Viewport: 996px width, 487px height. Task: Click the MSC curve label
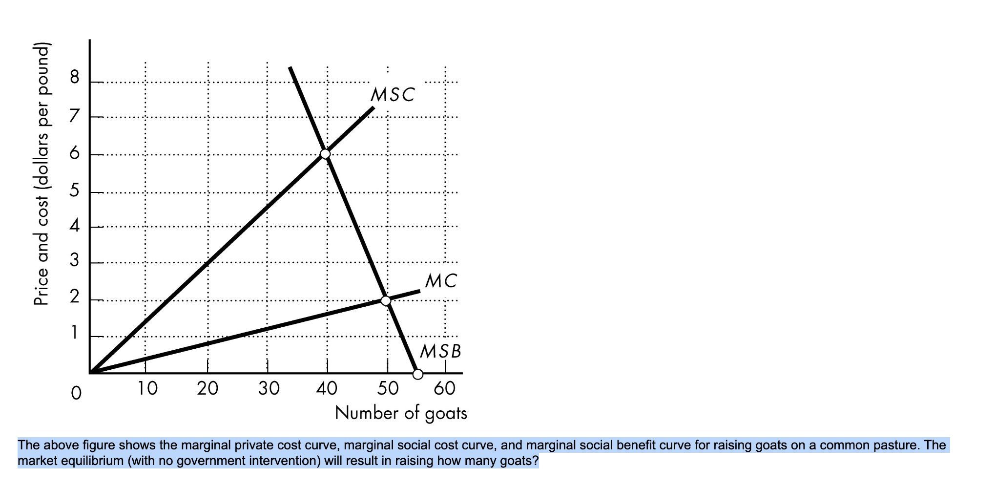[x=393, y=95]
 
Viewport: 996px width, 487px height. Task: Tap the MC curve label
[x=441, y=281]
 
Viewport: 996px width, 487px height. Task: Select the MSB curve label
[x=440, y=351]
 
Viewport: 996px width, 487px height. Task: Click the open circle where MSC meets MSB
[x=325, y=154]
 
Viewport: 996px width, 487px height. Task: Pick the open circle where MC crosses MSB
[x=386, y=300]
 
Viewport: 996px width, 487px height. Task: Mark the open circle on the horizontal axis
[x=418, y=374]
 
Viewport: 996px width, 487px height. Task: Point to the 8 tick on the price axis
[x=74, y=77]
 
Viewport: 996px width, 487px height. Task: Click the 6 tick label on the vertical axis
[x=74, y=153]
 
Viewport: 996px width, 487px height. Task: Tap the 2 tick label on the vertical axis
[x=74, y=296]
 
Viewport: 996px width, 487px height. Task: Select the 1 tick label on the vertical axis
[x=74, y=333]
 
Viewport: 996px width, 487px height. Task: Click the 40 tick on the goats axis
[x=327, y=389]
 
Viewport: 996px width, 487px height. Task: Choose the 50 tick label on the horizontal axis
[x=388, y=389]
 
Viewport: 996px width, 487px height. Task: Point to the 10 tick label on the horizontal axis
[x=147, y=389]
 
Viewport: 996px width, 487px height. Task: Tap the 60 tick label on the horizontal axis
[x=444, y=389]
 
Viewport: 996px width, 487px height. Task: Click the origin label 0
[x=76, y=393]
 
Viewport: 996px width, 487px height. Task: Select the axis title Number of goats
[x=401, y=414]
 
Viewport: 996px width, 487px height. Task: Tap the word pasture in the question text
[x=895, y=445]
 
